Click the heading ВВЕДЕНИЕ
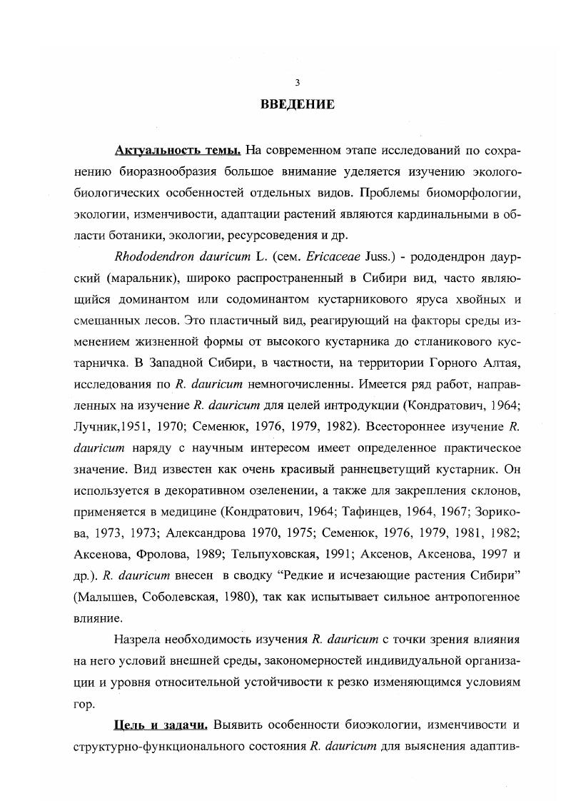coord(297,104)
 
